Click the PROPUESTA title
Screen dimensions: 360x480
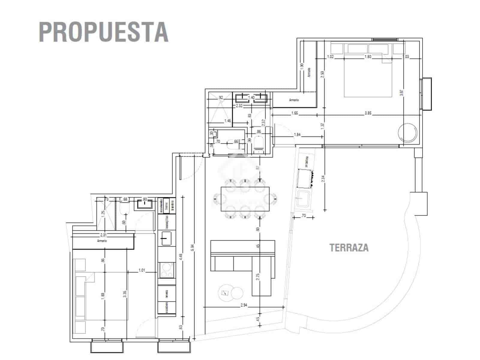[x=103, y=31]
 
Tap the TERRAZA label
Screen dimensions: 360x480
[x=349, y=248]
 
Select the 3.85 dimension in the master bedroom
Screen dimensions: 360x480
[x=368, y=113]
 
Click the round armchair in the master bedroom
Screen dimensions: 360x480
[x=407, y=132]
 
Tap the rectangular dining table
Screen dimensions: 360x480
[x=245, y=199]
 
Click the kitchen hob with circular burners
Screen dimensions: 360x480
[x=166, y=270]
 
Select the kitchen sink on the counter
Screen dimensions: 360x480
[x=166, y=238]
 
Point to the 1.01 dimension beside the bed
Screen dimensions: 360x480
[x=142, y=270]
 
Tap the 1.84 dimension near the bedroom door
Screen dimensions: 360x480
[x=297, y=135]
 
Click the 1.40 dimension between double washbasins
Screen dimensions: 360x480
[x=251, y=97]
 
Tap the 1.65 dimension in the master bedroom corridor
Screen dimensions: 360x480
[x=294, y=113]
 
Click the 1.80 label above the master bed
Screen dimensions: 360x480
[x=368, y=56]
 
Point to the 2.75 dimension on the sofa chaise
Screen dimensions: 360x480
[x=257, y=276]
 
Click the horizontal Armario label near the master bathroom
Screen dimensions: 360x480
[x=294, y=100]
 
